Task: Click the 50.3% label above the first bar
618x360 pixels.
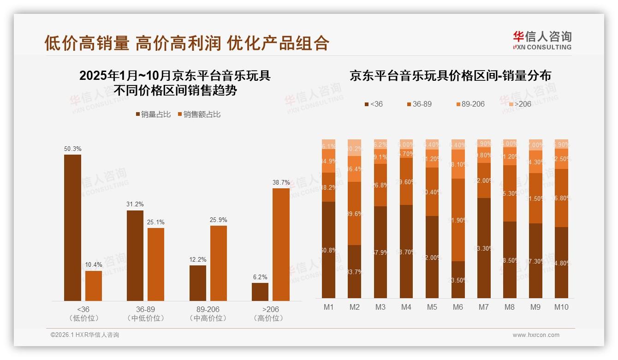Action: pos(72,149)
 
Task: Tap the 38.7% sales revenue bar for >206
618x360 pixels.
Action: pos(281,244)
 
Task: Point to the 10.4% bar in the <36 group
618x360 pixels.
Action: pos(94,286)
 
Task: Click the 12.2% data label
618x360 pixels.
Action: pos(198,260)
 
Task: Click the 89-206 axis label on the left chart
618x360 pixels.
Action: pos(208,309)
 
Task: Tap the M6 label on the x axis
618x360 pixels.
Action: pos(458,307)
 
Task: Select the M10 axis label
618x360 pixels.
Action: pos(561,307)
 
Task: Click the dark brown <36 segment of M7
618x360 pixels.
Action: pos(484,248)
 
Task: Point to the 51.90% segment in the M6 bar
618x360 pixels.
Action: pos(458,220)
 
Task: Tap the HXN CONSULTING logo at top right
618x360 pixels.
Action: pos(542,41)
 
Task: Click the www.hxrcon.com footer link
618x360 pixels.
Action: pos(535,335)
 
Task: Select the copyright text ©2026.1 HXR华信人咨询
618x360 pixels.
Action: pos(85,335)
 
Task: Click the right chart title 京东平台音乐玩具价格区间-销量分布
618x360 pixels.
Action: pos(450,76)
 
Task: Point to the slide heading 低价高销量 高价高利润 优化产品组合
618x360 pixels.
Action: pos(187,43)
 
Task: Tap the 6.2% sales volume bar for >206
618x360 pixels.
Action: pos(260,292)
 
